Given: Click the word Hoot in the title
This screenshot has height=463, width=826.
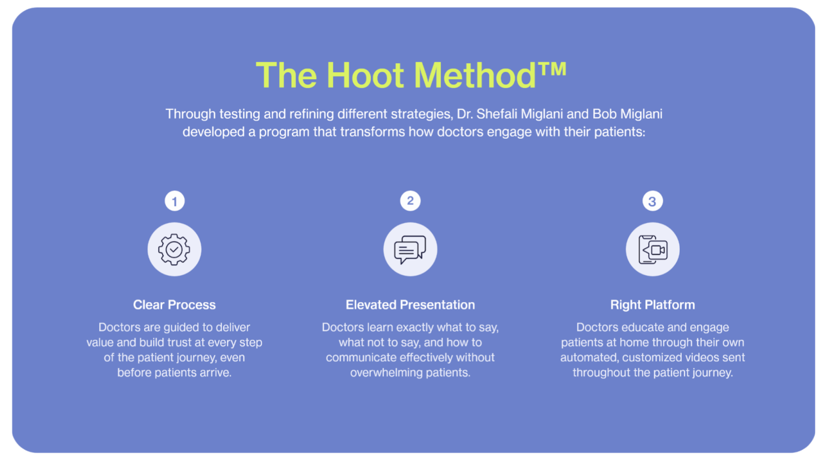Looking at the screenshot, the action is [365, 75].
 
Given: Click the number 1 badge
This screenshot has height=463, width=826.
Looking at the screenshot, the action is [174, 201].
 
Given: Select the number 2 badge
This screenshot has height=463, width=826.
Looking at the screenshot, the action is [410, 201].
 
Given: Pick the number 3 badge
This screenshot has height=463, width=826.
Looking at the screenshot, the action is [652, 201].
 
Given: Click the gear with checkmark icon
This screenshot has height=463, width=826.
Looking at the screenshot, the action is [174, 249].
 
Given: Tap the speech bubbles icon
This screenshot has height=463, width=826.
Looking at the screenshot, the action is [410, 250].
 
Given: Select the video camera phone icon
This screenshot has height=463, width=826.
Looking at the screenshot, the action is [653, 249].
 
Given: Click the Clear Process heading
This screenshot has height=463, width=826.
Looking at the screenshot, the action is [174, 305].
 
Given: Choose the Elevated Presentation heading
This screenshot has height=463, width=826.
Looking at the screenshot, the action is [410, 305].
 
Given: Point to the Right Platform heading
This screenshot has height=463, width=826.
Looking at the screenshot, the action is [653, 305].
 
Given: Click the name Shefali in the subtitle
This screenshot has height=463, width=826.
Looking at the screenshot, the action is [497, 114].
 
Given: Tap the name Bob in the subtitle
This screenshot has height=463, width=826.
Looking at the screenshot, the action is [604, 114].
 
